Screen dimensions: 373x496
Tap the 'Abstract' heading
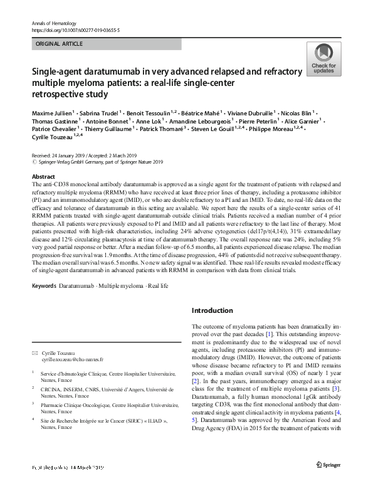click(43, 177)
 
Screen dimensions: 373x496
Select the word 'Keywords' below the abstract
click(44, 286)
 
